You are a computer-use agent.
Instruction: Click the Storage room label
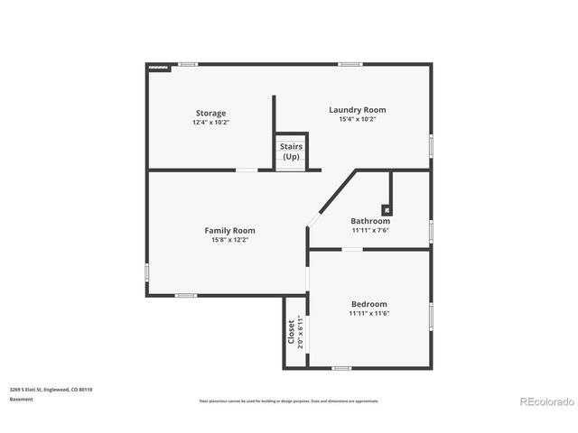[x=210, y=113]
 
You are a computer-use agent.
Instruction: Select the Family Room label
[x=229, y=230]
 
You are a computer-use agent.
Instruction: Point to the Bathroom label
[x=370, y=221]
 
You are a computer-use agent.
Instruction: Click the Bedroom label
[x=368, y=304]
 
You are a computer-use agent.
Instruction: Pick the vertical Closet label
[x=291, y=332]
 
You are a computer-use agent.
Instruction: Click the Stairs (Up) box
[x=291, y=152]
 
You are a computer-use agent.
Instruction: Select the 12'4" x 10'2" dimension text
[x=210, y=122]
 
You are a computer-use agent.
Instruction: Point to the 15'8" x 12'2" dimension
[x=229, y=240]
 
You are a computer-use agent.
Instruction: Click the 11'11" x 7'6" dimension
[x=370, y=230]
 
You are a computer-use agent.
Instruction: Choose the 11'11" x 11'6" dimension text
[x=368, y=314]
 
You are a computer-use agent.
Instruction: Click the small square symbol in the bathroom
[x=387, y=208]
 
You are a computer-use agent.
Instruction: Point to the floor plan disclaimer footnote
[x=289, y=401]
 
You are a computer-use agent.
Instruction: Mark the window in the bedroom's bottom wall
[x=341, y=368]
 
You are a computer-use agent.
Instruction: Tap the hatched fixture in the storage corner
[x=159, y=67]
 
